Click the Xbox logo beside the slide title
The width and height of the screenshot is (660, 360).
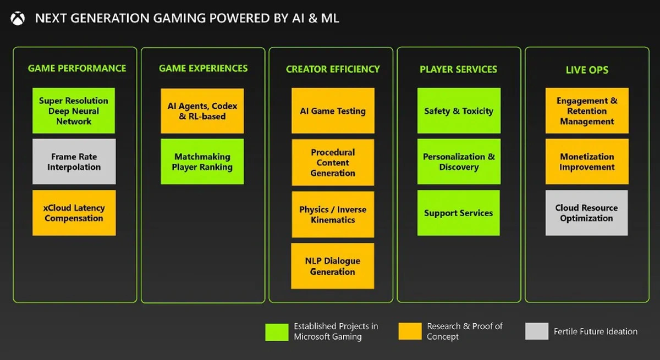pyautogui.click(x=18, y=19)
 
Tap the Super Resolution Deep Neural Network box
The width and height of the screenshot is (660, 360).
pyautogui.click(x=74, y=110)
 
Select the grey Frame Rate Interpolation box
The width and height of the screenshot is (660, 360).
pyautogui.click(x=74, y=162)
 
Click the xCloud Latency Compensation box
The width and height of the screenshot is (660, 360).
pyautogui.click(x=74, y=213)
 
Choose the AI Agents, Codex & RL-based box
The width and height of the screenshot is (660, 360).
pyautogui.click(x=202, y=111)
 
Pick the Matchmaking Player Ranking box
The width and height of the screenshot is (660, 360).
pyautogui.click(x=202, y=162)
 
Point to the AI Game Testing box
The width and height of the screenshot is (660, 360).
pyautogui.click(x=333, y=110)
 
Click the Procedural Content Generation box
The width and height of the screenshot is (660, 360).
pyautogui.click(x=333, y=163)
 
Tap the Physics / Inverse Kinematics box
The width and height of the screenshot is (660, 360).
pyautogui.click(x=333, y=214)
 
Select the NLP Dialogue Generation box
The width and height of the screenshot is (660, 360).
pyautogui.click(x=333, y=266)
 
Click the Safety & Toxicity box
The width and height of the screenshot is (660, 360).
pyautogui.click(x=459, y=110)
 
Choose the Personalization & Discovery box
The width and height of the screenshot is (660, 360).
pyautogui.click(x=459, y=162)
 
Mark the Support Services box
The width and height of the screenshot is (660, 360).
pyautogui.click(x=459, y=213)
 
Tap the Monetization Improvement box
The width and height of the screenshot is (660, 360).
pyautogui.click(x=587, y=162)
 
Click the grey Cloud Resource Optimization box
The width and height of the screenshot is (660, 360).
pyautogui.click(x=587, y=213)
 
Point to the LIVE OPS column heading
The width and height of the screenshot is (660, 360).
pyautogui.click(x=587, y=70)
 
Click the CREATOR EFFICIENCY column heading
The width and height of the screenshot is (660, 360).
pyautogui.click(x=333, y=69)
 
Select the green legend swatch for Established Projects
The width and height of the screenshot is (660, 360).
pyautogui.click(x=277, y=332)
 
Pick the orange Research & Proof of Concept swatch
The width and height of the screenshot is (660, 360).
pyautogui.click(x=410, y=331)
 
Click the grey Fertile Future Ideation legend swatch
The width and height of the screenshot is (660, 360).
pyautogui.click(x=537, y=331)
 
